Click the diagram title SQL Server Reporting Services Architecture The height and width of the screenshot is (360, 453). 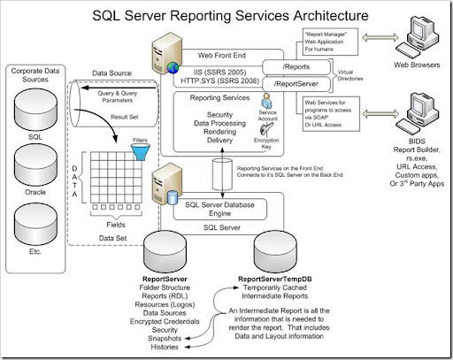226,16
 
